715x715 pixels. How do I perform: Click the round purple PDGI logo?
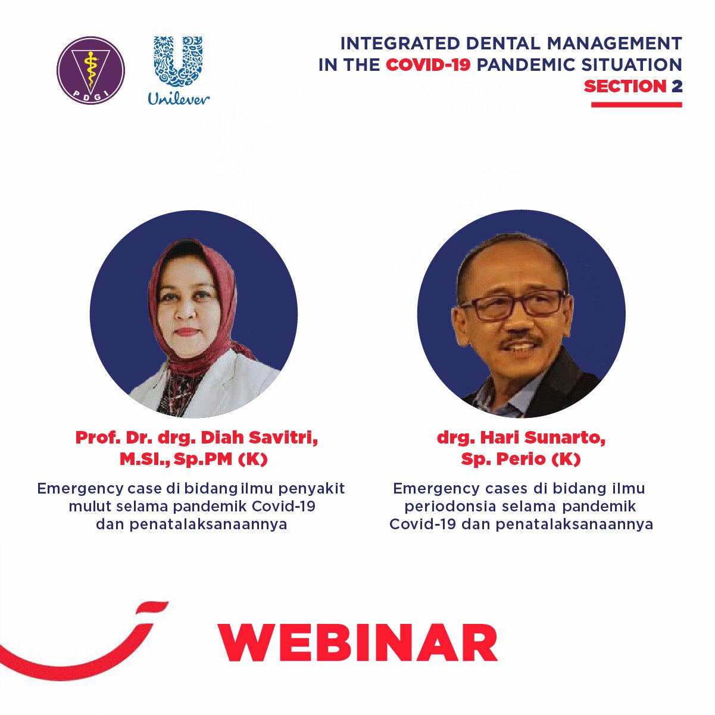point(90,70)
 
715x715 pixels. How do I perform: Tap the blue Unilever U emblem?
point(178,61)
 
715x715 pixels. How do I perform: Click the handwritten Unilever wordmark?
point(179,98)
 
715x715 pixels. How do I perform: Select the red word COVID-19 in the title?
point(428,65)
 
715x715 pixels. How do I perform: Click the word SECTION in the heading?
point(625,86)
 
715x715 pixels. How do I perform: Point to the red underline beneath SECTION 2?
point(636,105)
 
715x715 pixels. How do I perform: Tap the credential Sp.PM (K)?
point(221,460)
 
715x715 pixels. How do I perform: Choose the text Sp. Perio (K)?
point(521,460)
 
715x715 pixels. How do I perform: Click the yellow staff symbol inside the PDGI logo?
point(90,67)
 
